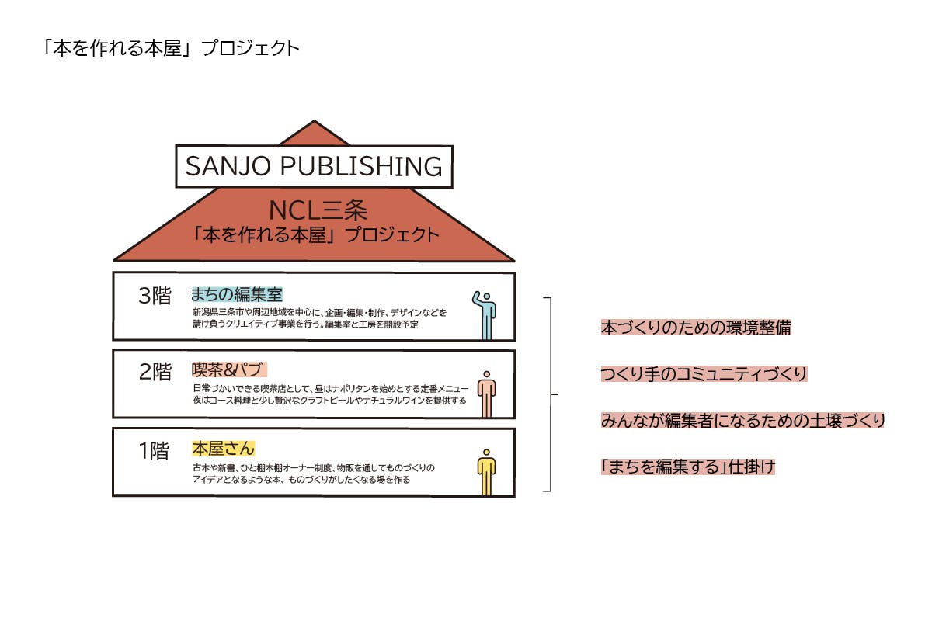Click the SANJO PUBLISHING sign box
click(x=314, y=166)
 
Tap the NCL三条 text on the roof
click(x=318, y=210)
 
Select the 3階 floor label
click(x=155, y=296)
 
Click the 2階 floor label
click(x=155, y=371)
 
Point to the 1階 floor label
click(x=154, y=450)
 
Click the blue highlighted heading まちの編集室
click(x=237, y=294)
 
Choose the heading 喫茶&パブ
click(x=229, y=369)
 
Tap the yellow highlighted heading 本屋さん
click(x=223, y=449)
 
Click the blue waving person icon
click(x=485, y=315)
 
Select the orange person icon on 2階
click(x=486, y=394)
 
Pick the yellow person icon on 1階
click(x=486, y=472)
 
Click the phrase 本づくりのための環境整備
click(x=696, y=328)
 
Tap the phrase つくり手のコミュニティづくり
click(x=704, y=373)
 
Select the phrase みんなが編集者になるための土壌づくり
click(x=742, y=420)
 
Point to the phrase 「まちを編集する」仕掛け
click(x=688, y=467)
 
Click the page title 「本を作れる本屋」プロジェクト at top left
click(x=172, y=48)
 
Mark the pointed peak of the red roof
click(x=314, y=120)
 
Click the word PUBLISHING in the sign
click(x=361, y=166)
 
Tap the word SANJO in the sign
click(x=228, y=166)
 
